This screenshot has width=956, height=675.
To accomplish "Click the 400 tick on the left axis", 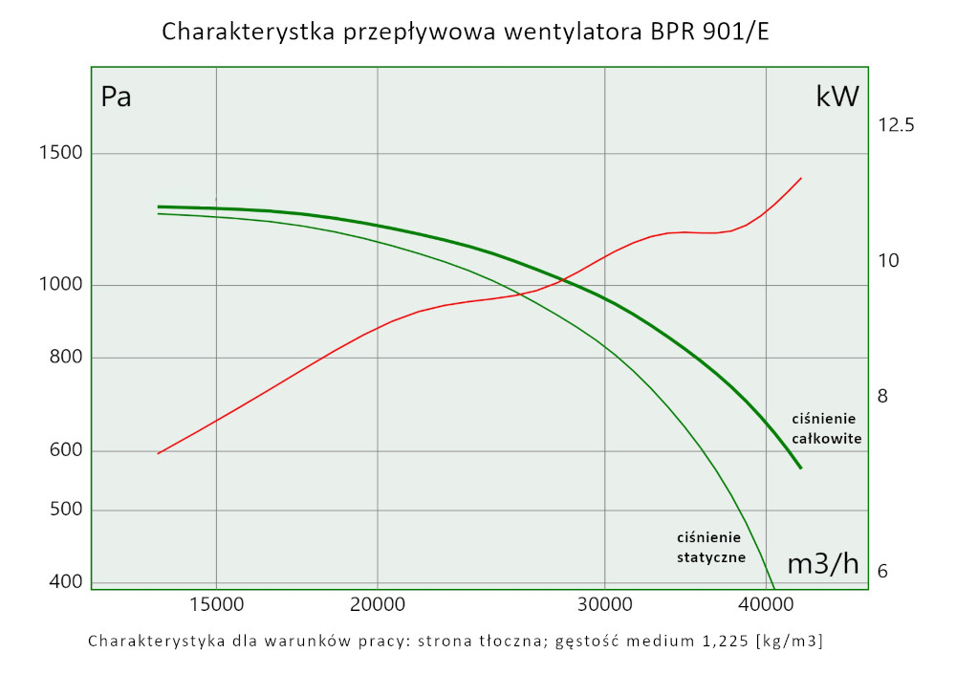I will point(66,580).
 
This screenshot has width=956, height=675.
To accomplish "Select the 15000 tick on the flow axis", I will point(216,605).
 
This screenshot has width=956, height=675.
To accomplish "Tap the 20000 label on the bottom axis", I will point(378,605).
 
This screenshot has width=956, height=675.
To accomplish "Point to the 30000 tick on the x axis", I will point(605,605).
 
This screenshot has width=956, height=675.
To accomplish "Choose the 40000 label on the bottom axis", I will point(767,605).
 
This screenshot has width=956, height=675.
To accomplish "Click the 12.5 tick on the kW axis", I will point(897,125).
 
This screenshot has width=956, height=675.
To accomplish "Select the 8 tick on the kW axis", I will point(883,396).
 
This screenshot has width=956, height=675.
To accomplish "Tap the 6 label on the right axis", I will point(883,571).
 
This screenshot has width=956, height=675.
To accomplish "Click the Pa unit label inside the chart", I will point(117,98).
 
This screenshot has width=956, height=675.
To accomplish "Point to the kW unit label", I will point(837,97).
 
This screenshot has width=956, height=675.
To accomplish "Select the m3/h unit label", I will point(822,564).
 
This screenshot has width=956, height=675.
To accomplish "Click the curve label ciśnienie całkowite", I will point(827,429).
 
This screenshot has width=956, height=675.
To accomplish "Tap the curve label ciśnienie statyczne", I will point(710,547).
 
